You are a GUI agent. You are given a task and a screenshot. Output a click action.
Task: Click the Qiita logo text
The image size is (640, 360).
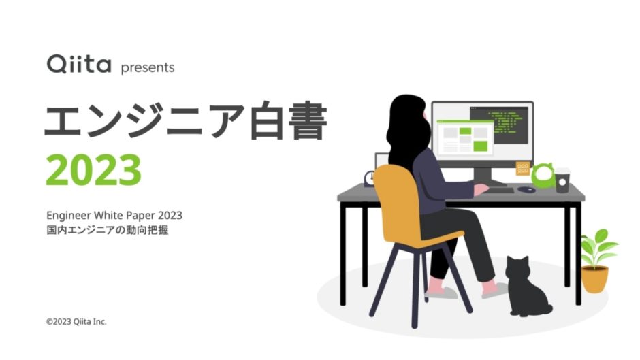click(78, 65)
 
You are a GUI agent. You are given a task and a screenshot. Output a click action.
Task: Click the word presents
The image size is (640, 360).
click(147, 67)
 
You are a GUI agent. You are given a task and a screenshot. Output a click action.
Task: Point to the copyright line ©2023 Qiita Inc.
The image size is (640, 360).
click(76, 321)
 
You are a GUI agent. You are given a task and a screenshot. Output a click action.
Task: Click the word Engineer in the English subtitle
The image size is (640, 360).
click(69, 216)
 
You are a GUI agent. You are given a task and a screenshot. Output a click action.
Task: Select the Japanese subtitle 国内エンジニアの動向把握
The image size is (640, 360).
click(107, 231)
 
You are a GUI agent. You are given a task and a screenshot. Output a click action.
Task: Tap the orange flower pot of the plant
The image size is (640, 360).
click(594, 279)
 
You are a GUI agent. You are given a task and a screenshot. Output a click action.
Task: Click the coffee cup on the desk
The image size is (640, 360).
click(562, 180)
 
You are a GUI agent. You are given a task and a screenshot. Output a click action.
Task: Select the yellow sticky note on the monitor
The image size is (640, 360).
click(523, 167)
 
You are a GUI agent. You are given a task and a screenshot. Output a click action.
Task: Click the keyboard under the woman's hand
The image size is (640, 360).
click(497, 190)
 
